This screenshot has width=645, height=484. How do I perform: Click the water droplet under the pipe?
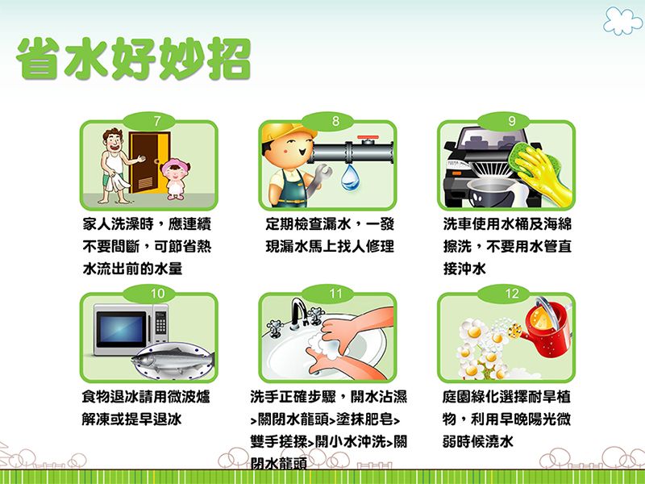(351, 178)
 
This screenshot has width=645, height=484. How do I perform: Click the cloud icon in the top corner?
(622, 20)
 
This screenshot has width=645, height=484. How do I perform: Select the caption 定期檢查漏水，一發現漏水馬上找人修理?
(327, 235)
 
